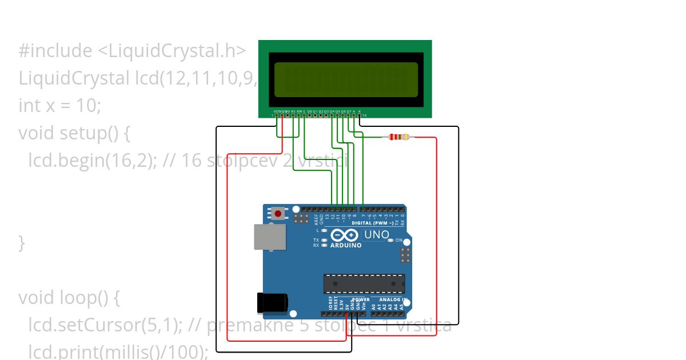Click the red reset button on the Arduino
(278, 214)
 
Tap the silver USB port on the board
(269, 237)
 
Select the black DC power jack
(272, 303)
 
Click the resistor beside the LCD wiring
(398, 137)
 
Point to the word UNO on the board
(376, 235)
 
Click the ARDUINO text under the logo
(346, 245)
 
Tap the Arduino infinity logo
(344, 235)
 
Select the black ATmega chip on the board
(364, 284)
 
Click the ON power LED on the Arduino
(391, 241)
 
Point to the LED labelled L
(324, 230)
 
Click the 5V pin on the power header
(346, 314)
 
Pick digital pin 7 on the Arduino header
(364, 209)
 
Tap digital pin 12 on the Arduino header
(333, 209)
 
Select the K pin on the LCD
(360, 115)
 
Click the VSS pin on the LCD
(277, 115)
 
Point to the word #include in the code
(55, 51)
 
